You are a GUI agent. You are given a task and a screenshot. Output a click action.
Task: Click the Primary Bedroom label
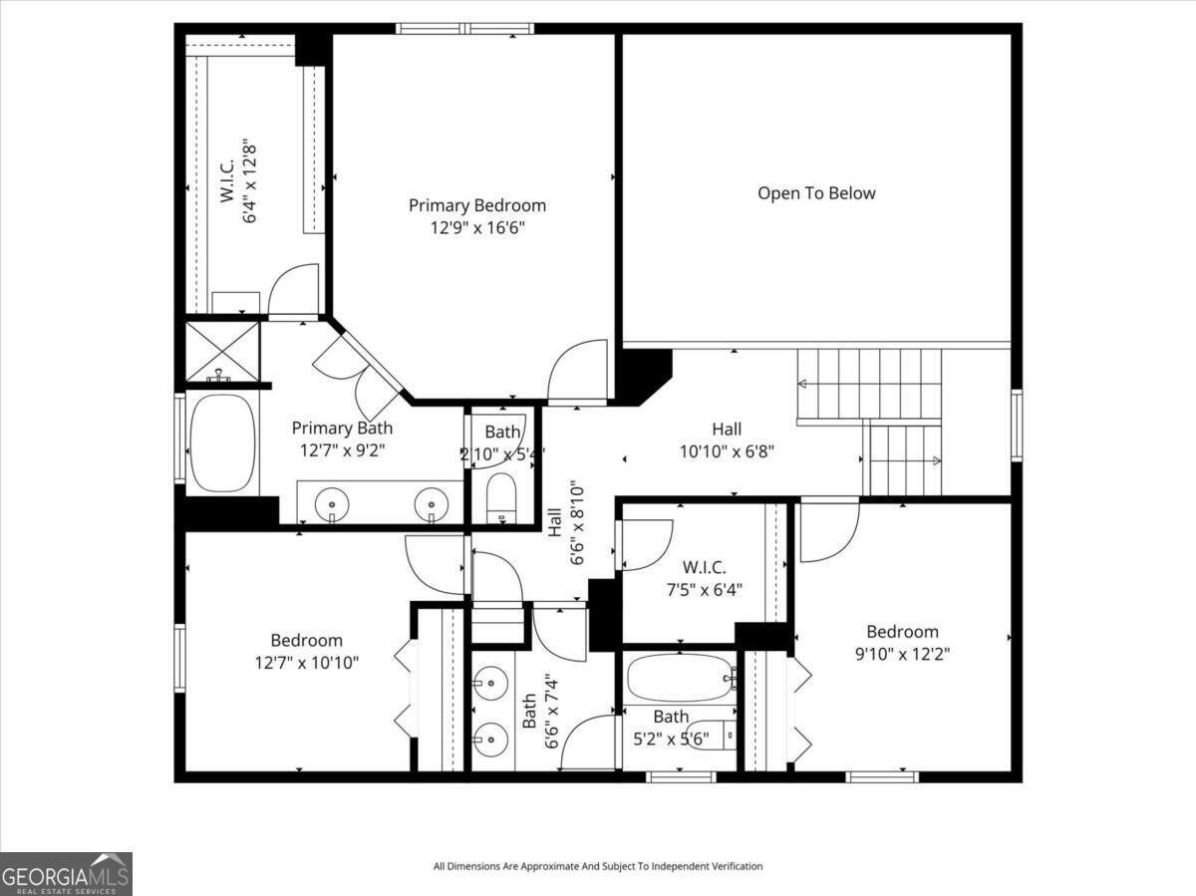click(x=477, y=205)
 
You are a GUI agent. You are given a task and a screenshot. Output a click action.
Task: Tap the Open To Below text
click(x=816, y=193)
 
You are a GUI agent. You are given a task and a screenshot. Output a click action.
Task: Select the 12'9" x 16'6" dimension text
click(x=477, y=227)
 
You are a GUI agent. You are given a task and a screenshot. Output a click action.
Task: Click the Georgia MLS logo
click(x=66, y=874)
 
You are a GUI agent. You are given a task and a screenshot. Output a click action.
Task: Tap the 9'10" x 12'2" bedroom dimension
click(x=902, y=654)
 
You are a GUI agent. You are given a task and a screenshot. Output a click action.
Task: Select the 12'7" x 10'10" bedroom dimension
click(x=307, y=662)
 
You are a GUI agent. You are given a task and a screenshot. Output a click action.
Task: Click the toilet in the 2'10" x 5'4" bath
click(x=501, y=495)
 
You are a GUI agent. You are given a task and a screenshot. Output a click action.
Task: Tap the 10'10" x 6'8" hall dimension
click(x=727, y=450)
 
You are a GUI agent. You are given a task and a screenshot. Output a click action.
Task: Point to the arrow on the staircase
click(x=935, y=460)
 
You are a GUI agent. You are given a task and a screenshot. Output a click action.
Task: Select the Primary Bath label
click(x=342, y=428)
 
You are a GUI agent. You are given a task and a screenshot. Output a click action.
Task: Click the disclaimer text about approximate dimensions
click(x=598, y=866)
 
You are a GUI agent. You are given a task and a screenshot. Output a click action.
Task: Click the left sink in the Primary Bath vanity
click(x=331, y=505)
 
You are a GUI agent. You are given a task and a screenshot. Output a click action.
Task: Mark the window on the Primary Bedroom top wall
click(x=464, y=28)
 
